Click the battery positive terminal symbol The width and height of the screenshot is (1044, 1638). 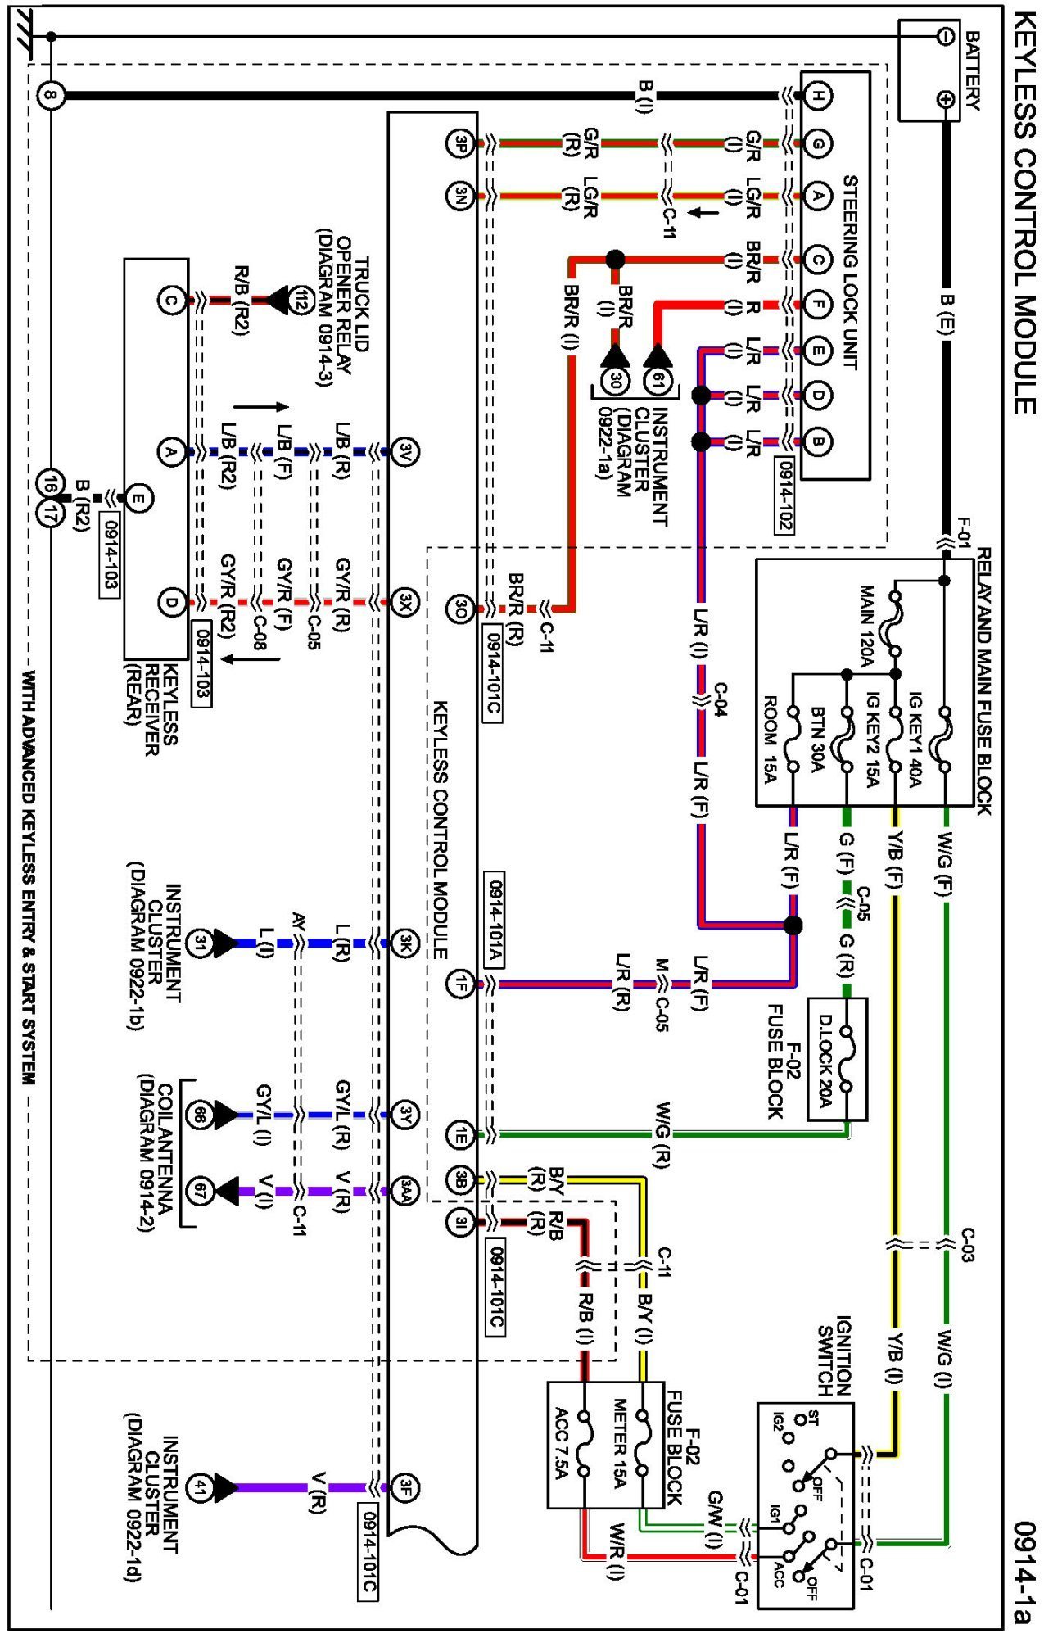pyautogui.click(x=946, y=100)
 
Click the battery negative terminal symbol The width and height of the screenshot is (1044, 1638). pyautogui.click(x=946, y=36)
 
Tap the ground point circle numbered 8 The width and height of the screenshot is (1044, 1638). pyautogui.click(x=51, y=96)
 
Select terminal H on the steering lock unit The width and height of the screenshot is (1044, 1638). pyautogui.click(x=816, y=96)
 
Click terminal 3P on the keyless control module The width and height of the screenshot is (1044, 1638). pyautogui.click(x=460, y=144)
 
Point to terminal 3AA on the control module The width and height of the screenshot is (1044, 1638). pyautogui.click(x=405, y=1191)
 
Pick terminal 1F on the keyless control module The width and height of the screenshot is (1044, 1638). pyautogui.click(x=460, y=983)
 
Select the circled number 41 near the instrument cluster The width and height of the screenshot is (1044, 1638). pyautogui.click(x=199, y=1488)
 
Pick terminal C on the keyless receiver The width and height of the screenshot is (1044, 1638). pyautogui.click(x=170, y=301)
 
